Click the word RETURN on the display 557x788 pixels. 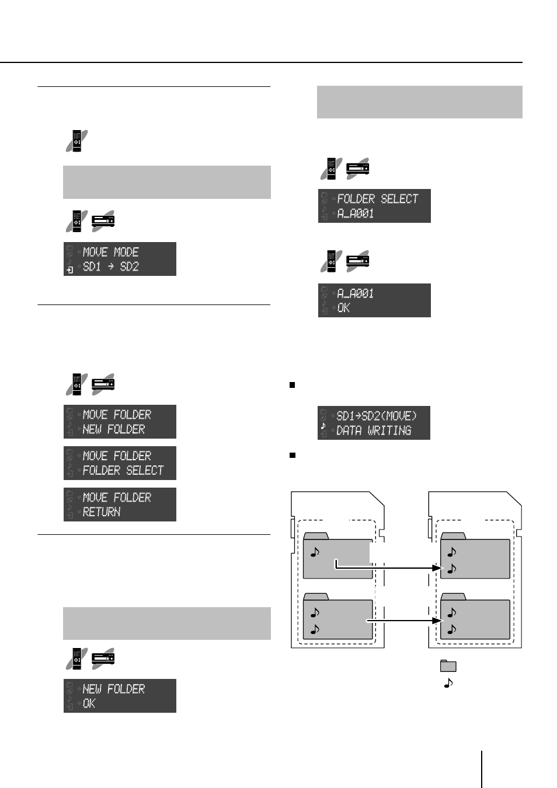pyautogui.click(x=102, y=512)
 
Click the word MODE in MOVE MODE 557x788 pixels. pyautogui.click(x=126, y=252)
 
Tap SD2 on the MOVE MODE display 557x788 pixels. pyautogui.click(x=129, y=267)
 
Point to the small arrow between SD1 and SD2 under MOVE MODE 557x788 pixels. pyautogui.click(x=111, y=267)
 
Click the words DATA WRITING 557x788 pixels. pyautogui.click(x=374, y=430)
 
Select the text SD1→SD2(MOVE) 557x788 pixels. pyautogui.click(x=377, y=416)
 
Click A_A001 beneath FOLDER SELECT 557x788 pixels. pyautogui.click(x=355, y=213)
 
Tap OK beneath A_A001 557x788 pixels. pyautogui.click(x=343, y=308)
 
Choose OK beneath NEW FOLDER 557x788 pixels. pyautogui.click(x=89, y=703)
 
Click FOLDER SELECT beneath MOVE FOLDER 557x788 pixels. pyautogui.click(x=123, y=470)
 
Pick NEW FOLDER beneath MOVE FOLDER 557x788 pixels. pyautogui.click(x=113, y=429)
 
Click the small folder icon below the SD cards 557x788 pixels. pyautogui.click(x=448, y=666)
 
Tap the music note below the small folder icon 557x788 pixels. pyautogui.click(x=448, y=683)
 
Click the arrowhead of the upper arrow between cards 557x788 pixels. pyautogui.click(x=437, y=568)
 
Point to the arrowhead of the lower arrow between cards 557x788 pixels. pyautogui.click(x=437, y=621)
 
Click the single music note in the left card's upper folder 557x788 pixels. pyautogui.click(x=315, y=552)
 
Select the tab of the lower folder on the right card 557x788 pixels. pyautogui.click(x=453, y=597)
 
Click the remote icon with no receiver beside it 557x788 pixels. pyautogui.click(x=76, y=141)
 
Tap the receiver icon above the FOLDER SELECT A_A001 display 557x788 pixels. pyautogui.click(x=357, y=169)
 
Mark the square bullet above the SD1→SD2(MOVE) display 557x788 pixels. pyautogui.click(x=292, y=385)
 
